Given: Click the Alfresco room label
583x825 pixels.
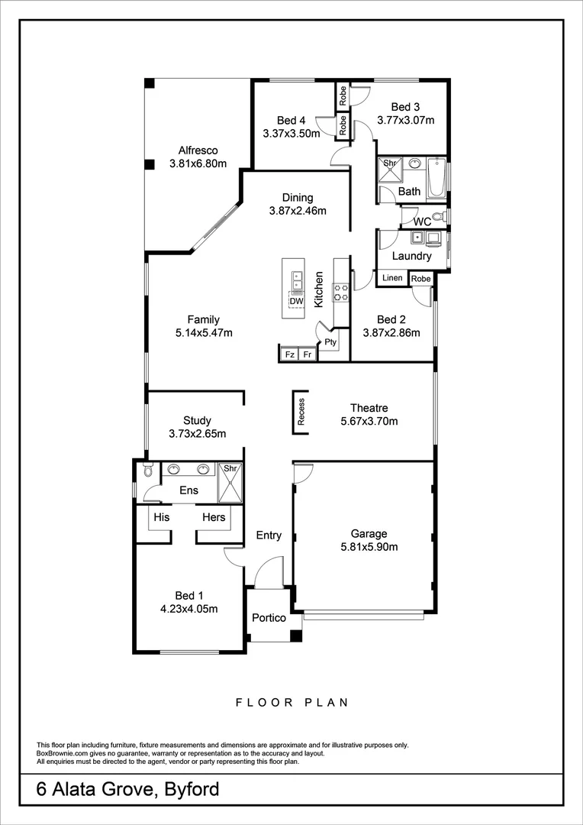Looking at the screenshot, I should coord(198,150).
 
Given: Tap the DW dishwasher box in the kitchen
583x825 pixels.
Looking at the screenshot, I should coord(296,301).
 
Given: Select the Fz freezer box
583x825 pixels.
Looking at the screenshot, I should coord(290,354).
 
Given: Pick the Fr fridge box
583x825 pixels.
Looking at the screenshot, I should coord(307,354).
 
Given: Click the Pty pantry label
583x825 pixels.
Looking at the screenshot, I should coord(330,342).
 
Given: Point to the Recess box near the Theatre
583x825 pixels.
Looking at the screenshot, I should coord(301,412).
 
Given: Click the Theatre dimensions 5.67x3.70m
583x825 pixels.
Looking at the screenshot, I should coord(369,421).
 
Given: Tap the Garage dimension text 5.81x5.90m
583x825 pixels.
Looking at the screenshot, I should coord(369,547).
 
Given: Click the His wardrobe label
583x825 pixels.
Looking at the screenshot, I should coord(161,517).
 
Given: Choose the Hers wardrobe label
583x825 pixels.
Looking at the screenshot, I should coord(214,517).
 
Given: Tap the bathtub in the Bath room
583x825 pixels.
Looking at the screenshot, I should coord(435,177).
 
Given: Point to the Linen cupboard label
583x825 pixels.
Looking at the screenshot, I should coord(392,278).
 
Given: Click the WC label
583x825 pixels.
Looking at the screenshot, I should coord(422,222).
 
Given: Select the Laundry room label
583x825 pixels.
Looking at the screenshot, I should coord(411,256).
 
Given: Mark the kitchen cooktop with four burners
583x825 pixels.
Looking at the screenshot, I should coord(340,291).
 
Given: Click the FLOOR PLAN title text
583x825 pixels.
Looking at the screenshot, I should coord(291,702).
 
